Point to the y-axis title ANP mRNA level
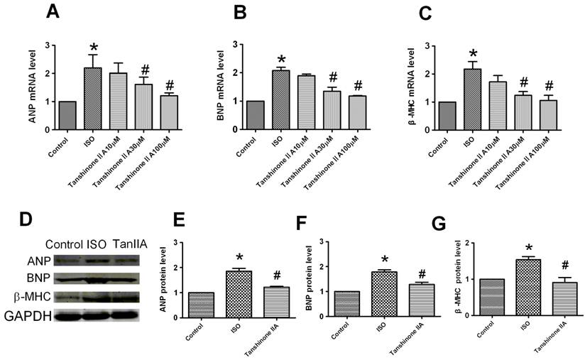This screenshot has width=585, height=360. [x=32, y=89]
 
